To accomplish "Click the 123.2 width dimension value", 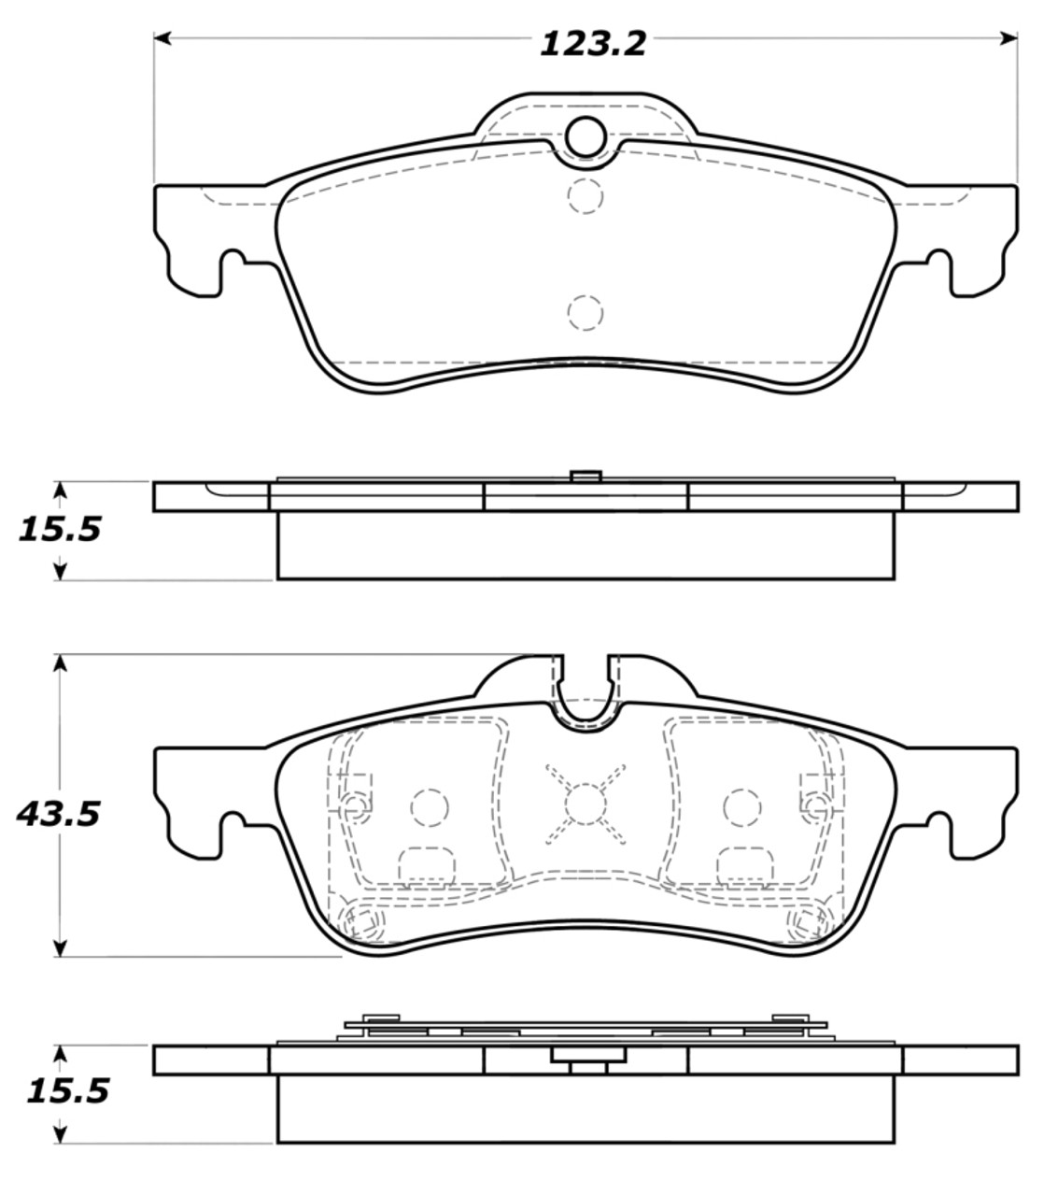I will tap(593, 44).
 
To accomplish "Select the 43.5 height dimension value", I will tap(58, 814).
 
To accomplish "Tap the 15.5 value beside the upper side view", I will tap(58, 530).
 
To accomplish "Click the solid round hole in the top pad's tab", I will tap(585, 136).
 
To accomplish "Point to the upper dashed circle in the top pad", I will tap(585, 194).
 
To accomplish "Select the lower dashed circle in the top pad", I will tap(585, 313).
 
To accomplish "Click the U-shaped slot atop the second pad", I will tap(585, 696).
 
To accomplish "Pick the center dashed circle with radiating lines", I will tap(585, 802).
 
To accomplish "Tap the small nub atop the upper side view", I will tap(585, 477).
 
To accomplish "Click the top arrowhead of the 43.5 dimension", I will tap(61, 662).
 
